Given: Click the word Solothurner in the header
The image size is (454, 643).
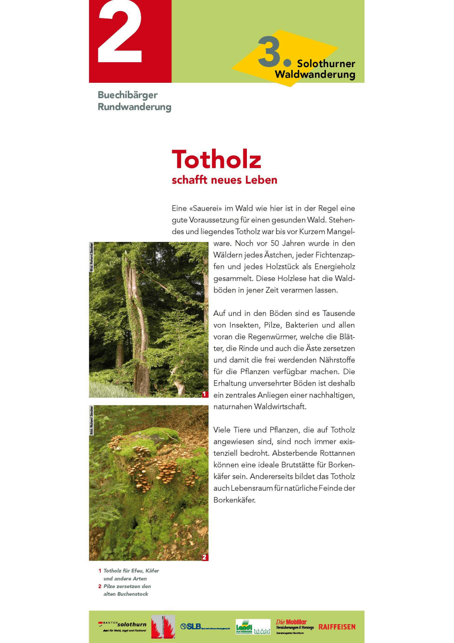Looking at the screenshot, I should click(326, 63).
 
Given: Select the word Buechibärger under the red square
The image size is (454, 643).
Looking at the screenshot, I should click(128, 95).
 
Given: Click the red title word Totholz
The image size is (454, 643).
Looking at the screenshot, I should click(216, 159).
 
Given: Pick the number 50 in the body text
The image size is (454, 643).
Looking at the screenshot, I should click(275, 243).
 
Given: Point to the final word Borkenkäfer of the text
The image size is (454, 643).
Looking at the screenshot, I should click(234, 500).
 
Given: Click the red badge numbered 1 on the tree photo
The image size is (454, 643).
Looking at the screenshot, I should click(205, 394).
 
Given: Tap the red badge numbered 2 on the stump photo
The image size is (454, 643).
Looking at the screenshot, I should click(205, 557).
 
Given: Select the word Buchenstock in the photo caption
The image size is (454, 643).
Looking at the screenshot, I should click(132, 594).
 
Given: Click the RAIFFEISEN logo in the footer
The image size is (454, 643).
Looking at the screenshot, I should click(337, 627).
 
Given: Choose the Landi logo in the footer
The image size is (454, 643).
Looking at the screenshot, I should click(244, 626).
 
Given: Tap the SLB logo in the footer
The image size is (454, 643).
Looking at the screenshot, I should click(191, 626).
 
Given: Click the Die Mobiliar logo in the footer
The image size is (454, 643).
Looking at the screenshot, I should click(291, 622).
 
